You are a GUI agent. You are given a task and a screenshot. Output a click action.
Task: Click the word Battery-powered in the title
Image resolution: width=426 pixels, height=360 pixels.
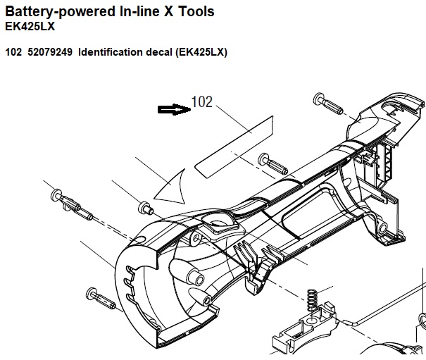point(60,12)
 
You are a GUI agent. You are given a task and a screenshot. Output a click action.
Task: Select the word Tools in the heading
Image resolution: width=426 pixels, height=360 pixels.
point(196,11)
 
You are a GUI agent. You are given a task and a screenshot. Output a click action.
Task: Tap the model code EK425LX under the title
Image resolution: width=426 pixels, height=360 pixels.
point(30,26)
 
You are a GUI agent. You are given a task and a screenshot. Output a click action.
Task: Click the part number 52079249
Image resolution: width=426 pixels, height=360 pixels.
point(50,52)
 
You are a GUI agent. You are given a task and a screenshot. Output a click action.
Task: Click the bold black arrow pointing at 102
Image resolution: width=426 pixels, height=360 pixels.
point(174,109)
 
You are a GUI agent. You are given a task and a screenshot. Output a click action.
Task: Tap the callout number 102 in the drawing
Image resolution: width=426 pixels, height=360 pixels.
point(202,102)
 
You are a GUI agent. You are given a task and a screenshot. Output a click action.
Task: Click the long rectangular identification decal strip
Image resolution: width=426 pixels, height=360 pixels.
point(234,147)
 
